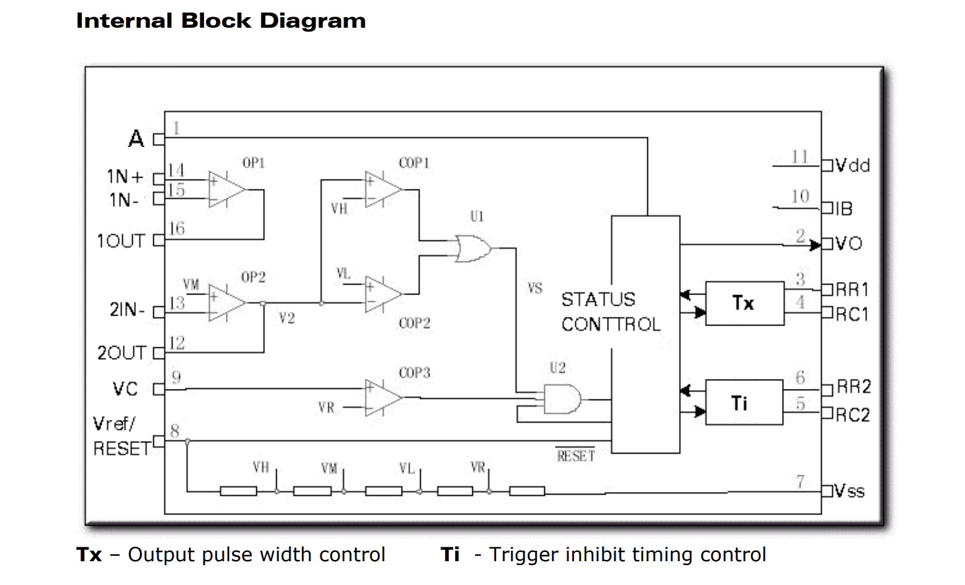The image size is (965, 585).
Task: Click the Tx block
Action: coord(744,303)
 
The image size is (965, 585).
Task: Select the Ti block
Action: coord(744,402)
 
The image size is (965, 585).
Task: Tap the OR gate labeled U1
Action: coord(474,248)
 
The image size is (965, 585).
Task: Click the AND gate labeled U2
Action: coord(562,399)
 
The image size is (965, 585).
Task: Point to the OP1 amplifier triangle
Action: coord(226,189)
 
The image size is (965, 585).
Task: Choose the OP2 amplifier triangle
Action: coord(226,303)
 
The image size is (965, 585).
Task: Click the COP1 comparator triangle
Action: coord(382,189)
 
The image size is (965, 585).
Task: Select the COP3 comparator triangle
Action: coord(382,397)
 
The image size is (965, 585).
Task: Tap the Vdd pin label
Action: coord(853,166)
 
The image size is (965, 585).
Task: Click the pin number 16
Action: coord(176,228)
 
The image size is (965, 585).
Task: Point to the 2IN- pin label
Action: coord(127,309)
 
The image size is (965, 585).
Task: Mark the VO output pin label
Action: coord(849,244)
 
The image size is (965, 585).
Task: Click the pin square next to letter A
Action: coord(159,139)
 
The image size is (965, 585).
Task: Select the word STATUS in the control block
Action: coord(598,299)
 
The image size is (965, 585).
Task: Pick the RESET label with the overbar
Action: coord(575,455)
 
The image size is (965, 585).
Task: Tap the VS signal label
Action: coord(534,288)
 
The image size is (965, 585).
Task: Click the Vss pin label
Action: coord(849,491)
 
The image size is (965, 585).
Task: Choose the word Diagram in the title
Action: coord(313,21)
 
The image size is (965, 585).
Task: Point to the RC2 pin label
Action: coord(853,415)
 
